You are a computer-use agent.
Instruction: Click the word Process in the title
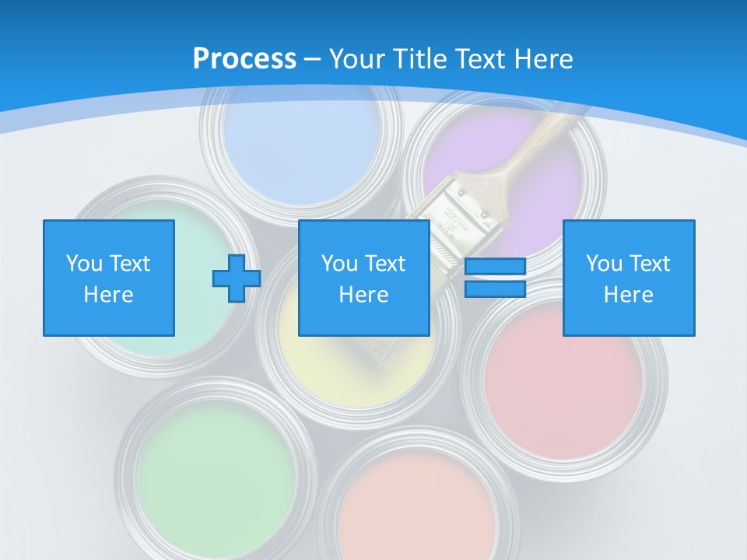click(244, 59)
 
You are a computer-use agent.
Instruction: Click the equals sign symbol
click(495, 278)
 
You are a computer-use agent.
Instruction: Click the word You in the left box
click(84, 264)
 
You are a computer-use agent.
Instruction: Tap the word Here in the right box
click(629, 295)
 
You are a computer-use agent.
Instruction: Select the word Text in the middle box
click(384, 264)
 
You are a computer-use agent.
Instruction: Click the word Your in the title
click(356, 59)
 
